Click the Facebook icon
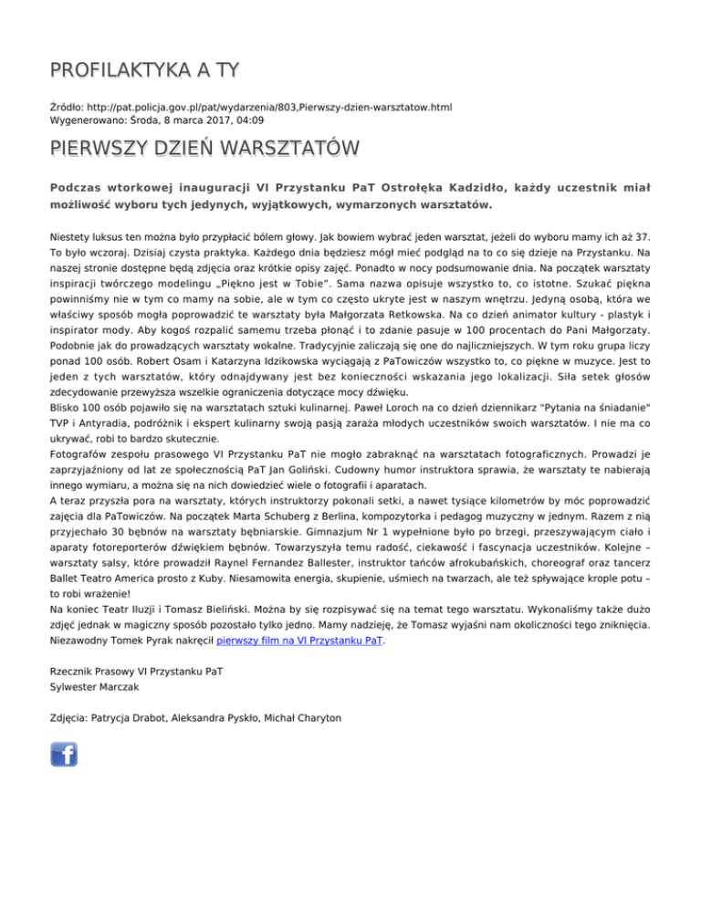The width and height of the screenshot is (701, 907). coord(64,754)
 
